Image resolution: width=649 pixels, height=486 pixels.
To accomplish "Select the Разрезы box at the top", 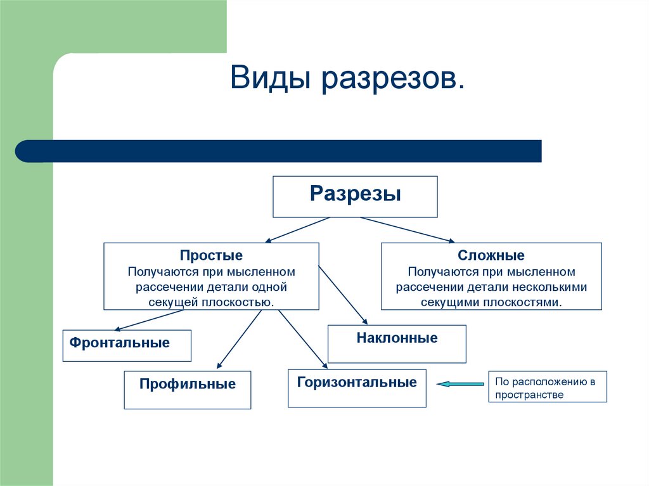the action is point(355,196).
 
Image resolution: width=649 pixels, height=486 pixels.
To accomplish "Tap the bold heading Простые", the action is point(211,255).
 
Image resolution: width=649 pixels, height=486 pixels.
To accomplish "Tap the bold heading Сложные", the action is point(491,256).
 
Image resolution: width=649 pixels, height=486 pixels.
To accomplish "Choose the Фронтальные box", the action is point(126,345).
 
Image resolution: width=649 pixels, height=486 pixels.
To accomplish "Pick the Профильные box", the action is point(187,390).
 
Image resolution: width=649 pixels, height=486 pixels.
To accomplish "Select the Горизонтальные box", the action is point(357,388).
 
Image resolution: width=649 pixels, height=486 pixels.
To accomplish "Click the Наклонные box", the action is point(397,344).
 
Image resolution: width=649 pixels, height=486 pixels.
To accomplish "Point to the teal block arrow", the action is point(461,383).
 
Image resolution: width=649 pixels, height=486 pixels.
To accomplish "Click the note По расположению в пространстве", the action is point(547,387).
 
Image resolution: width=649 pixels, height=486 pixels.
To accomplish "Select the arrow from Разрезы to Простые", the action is point(298,229).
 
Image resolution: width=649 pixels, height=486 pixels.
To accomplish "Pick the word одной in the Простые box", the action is point(273,287).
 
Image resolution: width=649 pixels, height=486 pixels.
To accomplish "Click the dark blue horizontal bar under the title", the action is point(279,151).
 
